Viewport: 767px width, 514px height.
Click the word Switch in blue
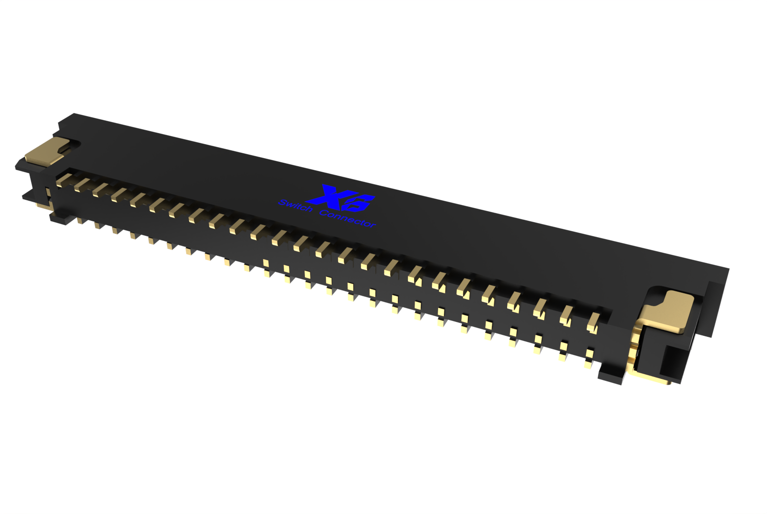[x=295, y=206]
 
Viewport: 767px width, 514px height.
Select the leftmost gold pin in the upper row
[x=63, y=180]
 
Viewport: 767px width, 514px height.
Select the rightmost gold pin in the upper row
[x=593, y=322]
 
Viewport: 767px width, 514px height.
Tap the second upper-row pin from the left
[x=81, y=184]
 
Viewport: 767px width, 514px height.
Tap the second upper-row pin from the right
[x=566, y=315]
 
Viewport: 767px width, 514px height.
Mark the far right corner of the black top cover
[x=728, y=269]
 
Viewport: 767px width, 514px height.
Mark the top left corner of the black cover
[x=74, y=114]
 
